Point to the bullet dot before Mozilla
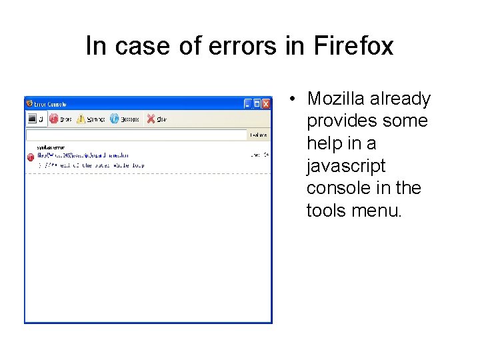(x=292, y=99)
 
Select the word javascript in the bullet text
(x=346, y=166)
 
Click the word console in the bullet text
(x=339, y=188)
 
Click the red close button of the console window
(x=266, y=103)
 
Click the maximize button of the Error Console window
(x=257, y=103)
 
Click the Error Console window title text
(x=50, y=104)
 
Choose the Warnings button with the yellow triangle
(x=91, y=119)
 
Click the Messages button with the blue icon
(x=124, y=119)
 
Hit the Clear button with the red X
(x=157, y=119)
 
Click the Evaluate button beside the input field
(x=259, y=135)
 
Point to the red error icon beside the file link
(x=31, y=157)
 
